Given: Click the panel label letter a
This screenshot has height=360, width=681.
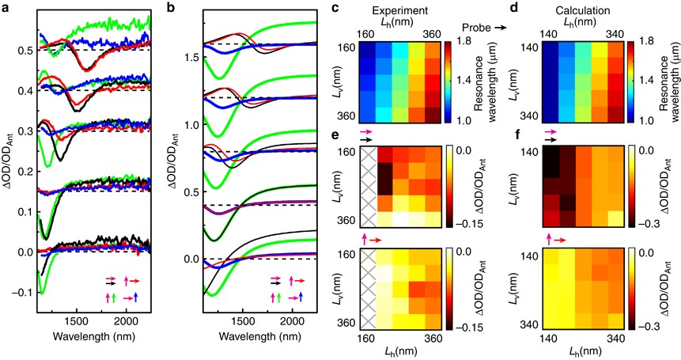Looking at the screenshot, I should click(x=6, y=7).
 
